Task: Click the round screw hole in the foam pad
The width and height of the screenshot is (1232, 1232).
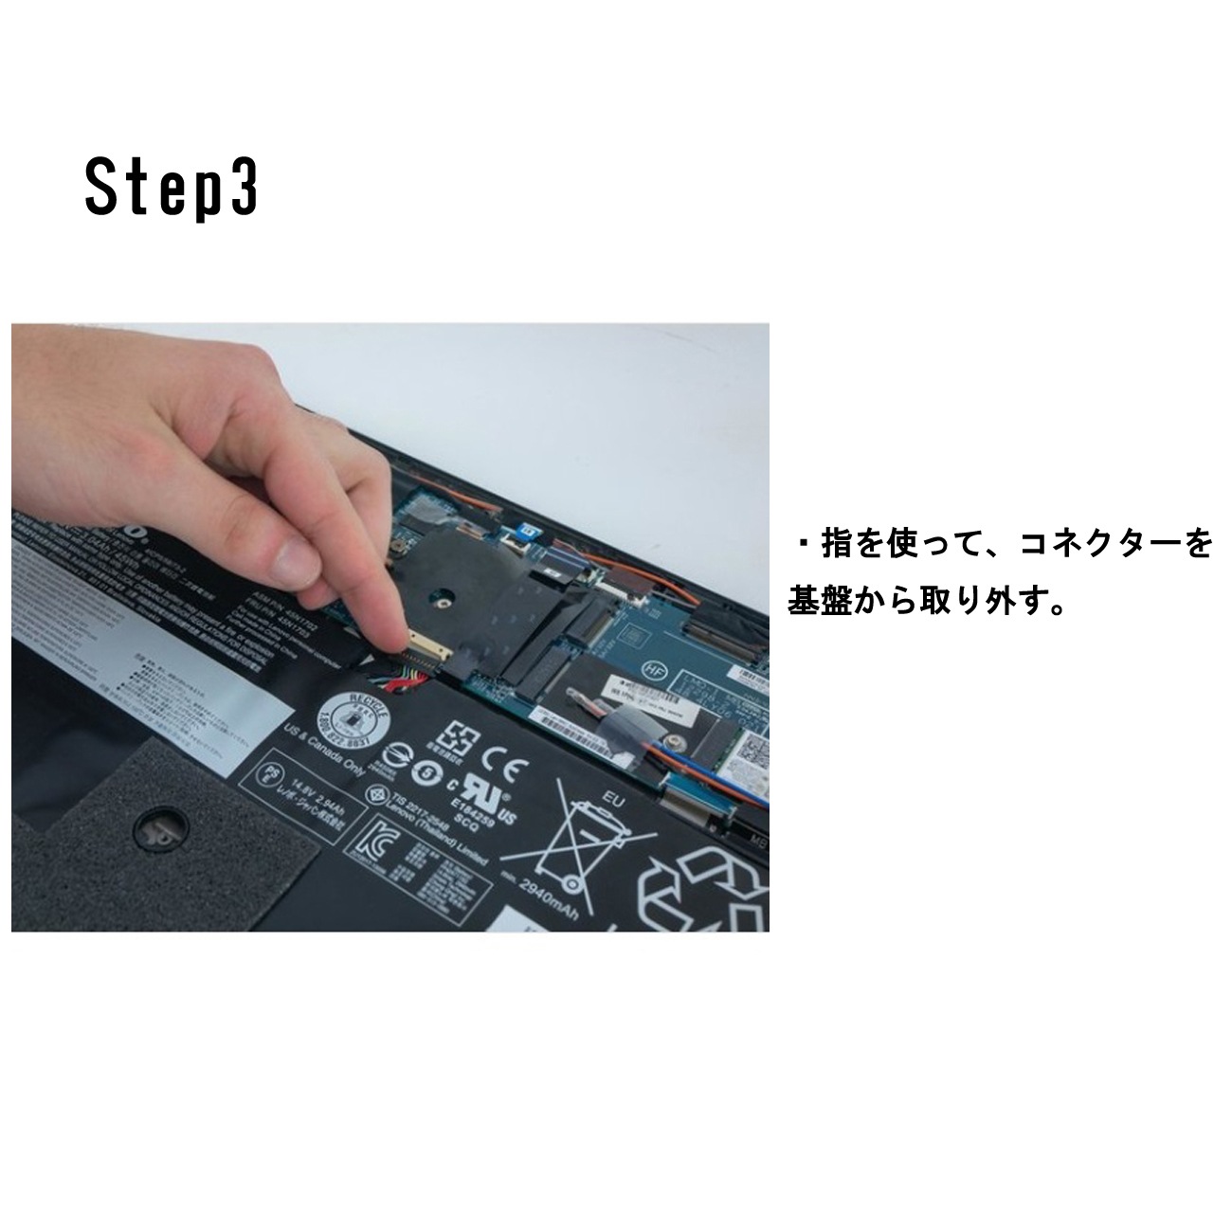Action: [154, 831]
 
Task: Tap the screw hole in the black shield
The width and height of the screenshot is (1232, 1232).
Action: [438, 597]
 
